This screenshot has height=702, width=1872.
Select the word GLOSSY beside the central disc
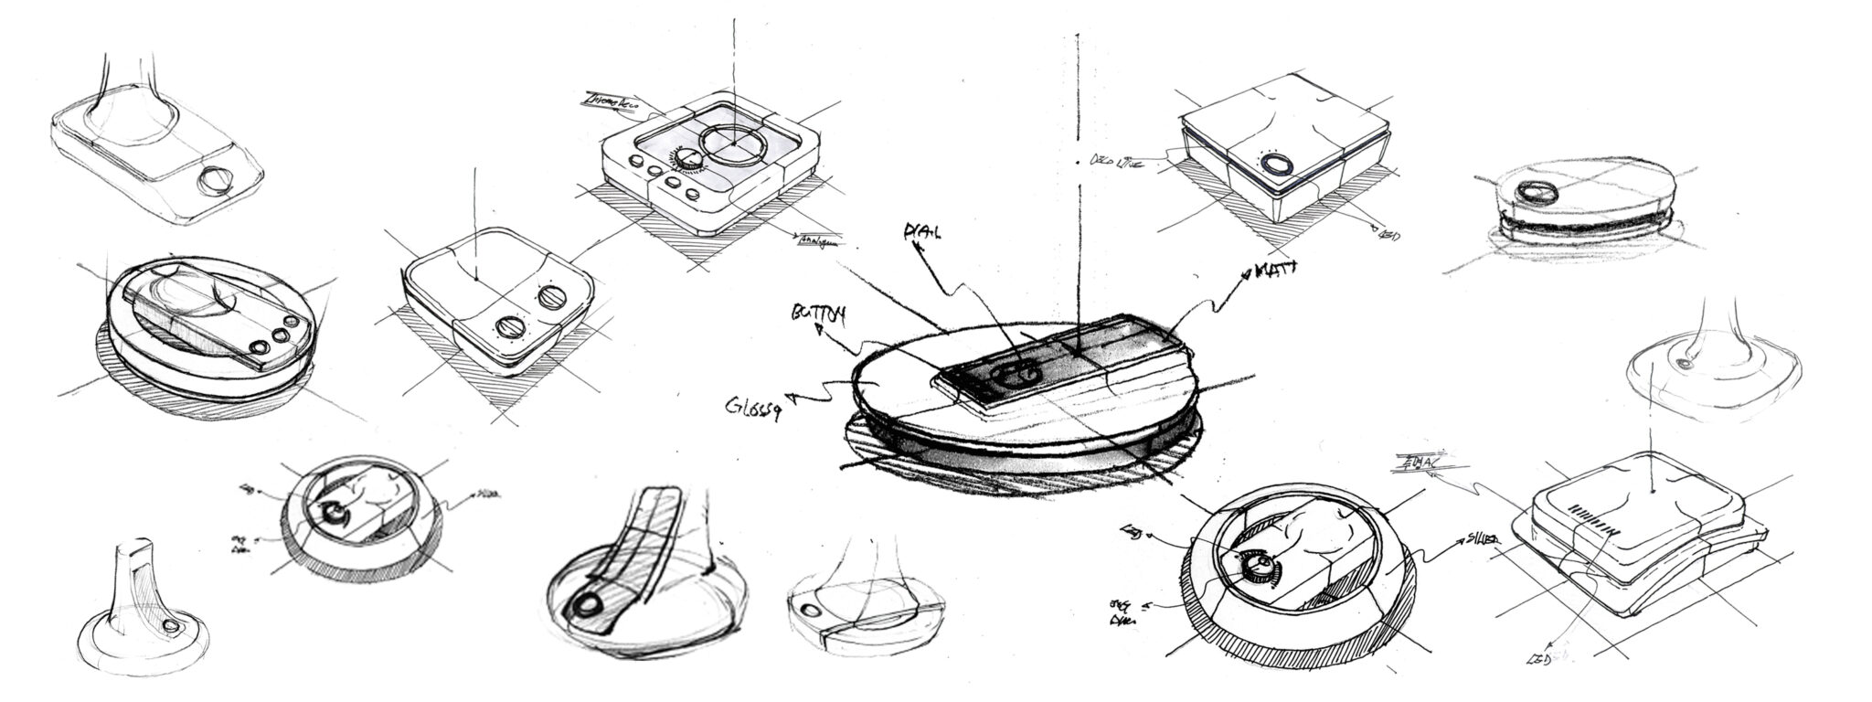[753, 408]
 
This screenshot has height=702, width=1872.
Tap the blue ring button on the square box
[1277, 165]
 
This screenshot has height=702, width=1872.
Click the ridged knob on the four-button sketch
[688, 161]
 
